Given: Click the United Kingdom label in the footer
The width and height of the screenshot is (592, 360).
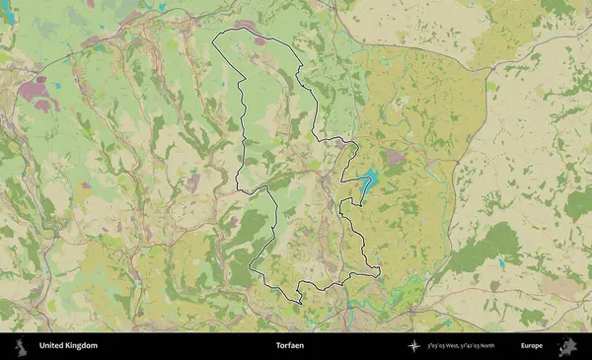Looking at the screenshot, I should (68, 346).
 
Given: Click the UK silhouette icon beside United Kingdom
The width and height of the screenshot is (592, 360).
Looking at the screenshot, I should (19, 346).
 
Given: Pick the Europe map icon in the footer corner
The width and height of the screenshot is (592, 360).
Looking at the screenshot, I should (567, 346).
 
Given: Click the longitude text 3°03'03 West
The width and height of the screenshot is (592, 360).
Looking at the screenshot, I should (450, 346).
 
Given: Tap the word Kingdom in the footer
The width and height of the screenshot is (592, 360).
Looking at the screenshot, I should (82, 346).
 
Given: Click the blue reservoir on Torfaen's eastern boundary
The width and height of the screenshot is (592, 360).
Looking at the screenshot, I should (368, 181).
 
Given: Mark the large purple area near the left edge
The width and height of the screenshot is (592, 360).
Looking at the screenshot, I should (37, 95).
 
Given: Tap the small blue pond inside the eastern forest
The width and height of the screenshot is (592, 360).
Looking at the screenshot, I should (501, 263).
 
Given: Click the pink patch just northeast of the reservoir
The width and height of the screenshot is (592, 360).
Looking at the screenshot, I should (394, 157).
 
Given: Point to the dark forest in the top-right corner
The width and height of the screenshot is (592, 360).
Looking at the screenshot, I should (558, 7).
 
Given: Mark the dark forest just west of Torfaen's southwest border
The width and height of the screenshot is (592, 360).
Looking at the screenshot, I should (248, 233).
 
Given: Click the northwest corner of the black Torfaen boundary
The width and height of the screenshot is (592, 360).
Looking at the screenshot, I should (216, 38).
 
